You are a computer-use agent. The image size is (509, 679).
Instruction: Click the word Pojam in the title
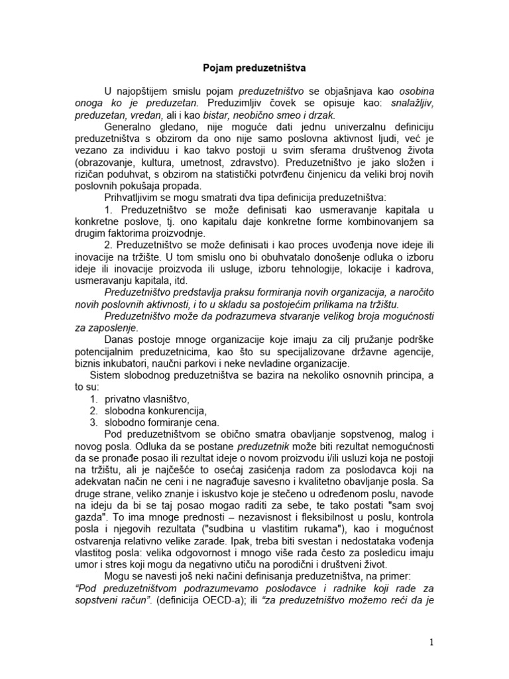tap(217, 67)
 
